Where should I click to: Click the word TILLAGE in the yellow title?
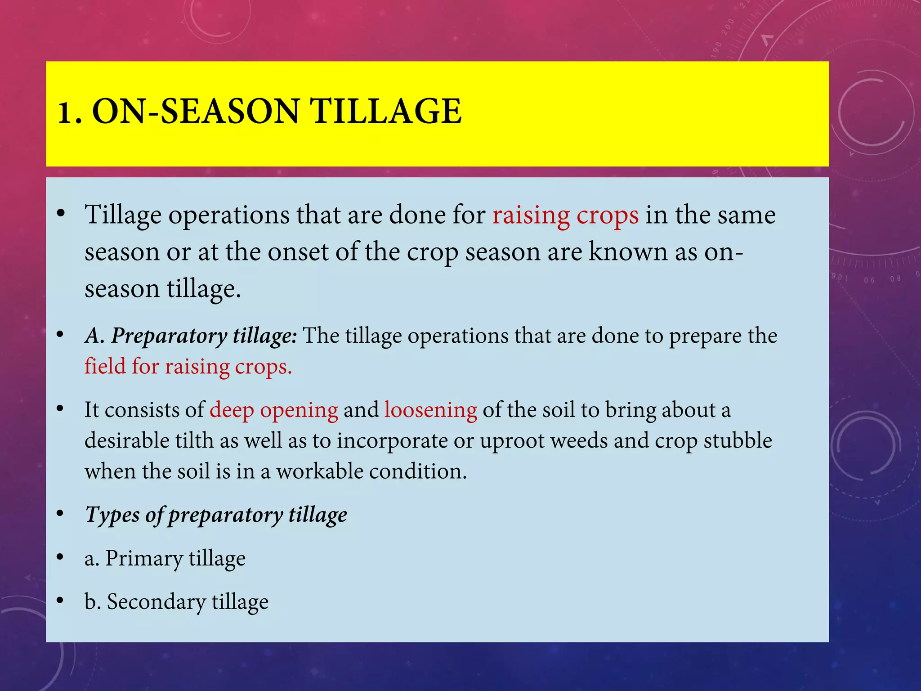[386, 112]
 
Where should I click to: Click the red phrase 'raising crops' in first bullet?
[565, 215]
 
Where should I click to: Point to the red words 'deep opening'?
[273, 410]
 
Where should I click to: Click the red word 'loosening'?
[430, 410]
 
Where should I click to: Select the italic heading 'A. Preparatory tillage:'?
[191, 336]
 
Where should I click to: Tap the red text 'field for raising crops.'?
[188, 367]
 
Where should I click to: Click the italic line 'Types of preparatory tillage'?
[216, 515]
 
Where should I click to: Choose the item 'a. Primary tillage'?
[165, 558]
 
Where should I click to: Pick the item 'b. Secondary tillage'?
[176, 602]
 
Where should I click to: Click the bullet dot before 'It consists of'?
[60, 409]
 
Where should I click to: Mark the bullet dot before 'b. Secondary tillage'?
[60, 601]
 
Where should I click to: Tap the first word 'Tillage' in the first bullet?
[123, 215]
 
